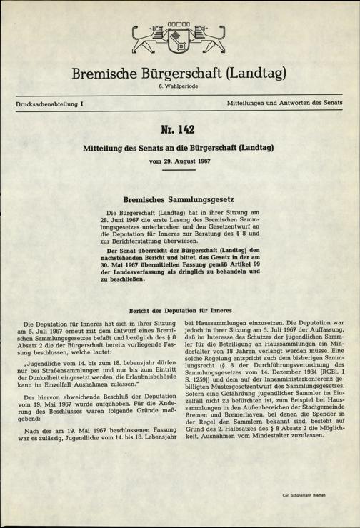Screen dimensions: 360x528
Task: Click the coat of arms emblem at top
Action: point(179,42)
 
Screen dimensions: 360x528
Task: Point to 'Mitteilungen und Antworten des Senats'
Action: point(284,104)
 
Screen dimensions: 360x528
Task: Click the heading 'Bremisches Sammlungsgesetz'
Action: point(179,201)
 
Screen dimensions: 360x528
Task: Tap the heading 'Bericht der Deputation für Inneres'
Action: point(179,311)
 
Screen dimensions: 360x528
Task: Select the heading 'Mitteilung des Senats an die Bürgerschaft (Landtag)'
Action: point(179,151)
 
